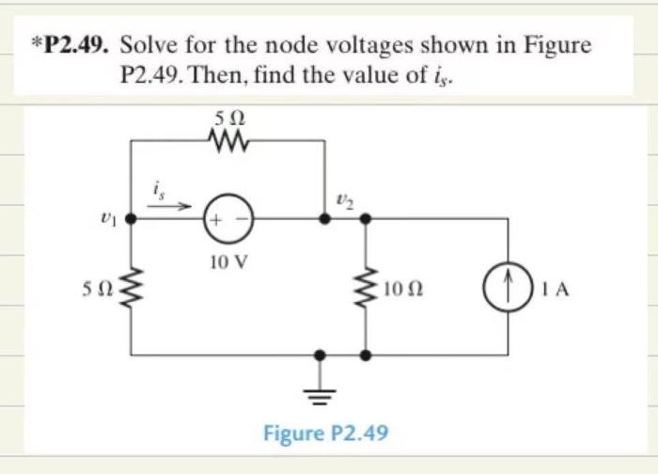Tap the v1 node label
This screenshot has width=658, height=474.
[106, 219]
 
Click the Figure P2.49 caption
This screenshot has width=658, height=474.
[325, 433]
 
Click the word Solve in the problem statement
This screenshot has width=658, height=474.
[150, 46]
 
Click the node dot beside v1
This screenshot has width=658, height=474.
[131, 219]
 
